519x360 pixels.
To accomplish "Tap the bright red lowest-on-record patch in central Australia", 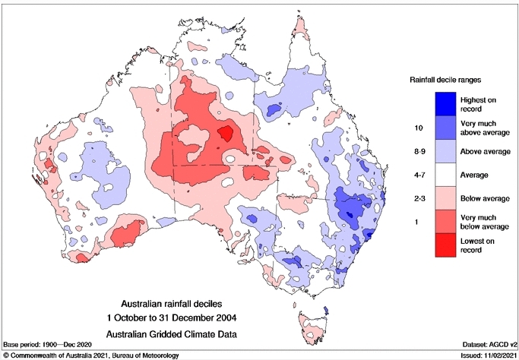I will click(x=226, y=134).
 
